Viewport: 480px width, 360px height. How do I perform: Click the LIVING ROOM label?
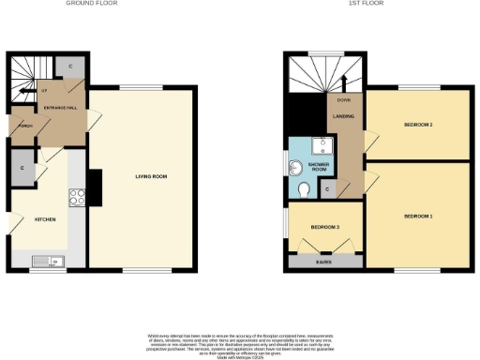click(143, 176)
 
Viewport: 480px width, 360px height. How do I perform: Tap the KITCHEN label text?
click(45, 219)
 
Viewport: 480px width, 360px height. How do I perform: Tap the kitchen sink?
click(43, 261)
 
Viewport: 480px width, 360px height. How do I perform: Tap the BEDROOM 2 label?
click(417, 124)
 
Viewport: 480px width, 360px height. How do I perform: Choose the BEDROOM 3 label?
click(324, 227)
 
